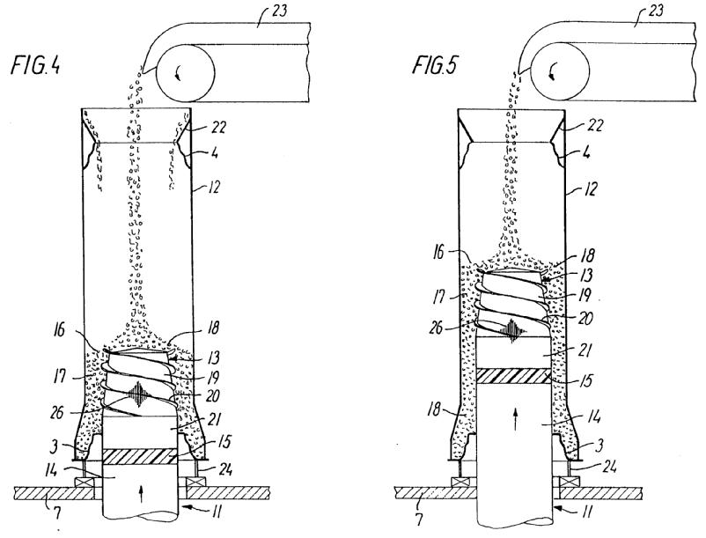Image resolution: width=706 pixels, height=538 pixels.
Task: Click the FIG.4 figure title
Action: [35, 66]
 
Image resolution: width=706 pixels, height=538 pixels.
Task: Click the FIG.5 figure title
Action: [435, 64]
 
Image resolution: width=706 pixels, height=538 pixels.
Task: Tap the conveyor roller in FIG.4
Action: [185, 74]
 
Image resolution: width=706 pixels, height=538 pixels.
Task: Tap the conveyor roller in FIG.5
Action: [560, 72]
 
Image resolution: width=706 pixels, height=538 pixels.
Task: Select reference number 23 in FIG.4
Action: [278, 10]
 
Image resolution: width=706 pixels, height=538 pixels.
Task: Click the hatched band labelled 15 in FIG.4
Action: [140, 456]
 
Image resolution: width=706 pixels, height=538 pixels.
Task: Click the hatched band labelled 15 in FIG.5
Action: [514, 375]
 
